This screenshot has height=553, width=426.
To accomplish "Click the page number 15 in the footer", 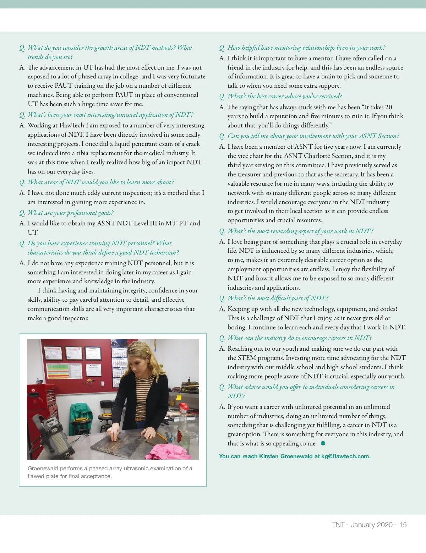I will (403, 525).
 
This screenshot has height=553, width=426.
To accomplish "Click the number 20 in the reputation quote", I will (388, 107).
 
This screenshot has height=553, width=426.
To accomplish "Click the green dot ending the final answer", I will (323, 443).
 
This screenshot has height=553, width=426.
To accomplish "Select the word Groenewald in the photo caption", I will (42, 469).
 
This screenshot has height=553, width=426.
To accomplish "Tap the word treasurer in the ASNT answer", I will (248, 174).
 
